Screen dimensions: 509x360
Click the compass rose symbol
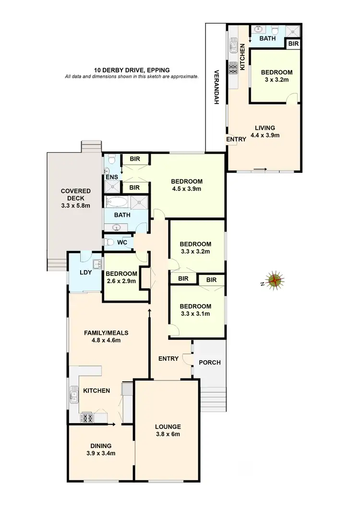click(275, 281)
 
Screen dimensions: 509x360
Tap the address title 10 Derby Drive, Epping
click(132, 70)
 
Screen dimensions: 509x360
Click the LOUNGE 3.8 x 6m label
click(168, 430)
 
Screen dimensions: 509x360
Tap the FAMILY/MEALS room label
click(106, 336)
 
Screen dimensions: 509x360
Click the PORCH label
click(210, 362)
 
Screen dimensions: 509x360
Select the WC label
click(122, 243)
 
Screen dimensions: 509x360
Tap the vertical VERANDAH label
click(216, 87)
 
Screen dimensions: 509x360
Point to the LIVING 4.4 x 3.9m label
click(264, 131)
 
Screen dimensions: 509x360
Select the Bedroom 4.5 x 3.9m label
click(187, 185)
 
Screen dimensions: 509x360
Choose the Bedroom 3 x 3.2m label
click(276, 76)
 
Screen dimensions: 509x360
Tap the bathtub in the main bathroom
click(115, 201)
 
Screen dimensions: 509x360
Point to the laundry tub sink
click(96, 263)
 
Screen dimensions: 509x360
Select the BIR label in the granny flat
click(292, 44)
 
